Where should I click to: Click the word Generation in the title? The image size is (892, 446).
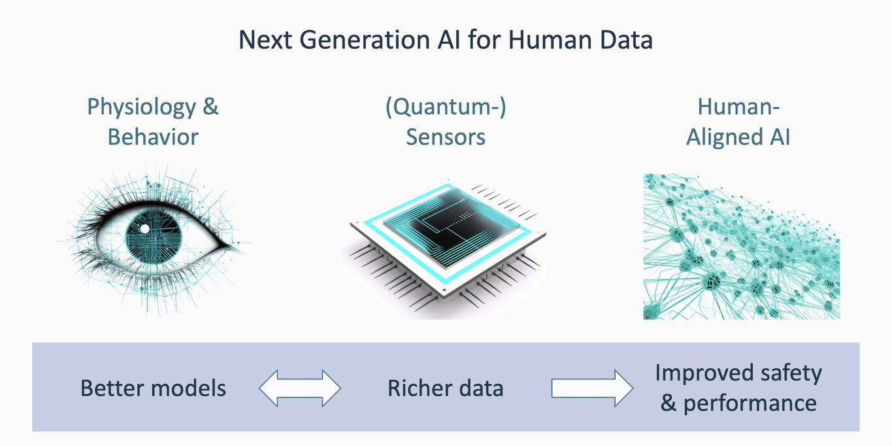pyautogui.click(x=365, y=40)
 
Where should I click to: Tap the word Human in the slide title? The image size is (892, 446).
pyautogui.click(x=550, y=40)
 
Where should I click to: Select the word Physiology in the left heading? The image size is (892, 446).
pyautogui.click(x=142, y=108)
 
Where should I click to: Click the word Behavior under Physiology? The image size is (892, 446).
pyautogui.click(x=153, y=137)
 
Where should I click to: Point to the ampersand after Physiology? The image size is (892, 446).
pyautogui.click(x=210, y=107)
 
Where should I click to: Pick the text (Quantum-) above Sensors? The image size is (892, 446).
pyautogui.click(x=446, y=108)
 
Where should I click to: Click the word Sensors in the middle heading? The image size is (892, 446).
pyautogui.click(x=446, y=137)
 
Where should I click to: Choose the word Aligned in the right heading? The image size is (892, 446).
pyautogui.click(x=724, y=137)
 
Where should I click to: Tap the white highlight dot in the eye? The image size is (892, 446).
pyautogui.click(x=145, y=229)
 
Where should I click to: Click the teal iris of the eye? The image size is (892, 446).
pyautogui.click(x=154, y=236)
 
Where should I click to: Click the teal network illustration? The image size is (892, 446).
pyautogui.click(x=742, y=247)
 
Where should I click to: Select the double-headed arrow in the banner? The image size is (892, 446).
pyautogui.click(x=300, y=388)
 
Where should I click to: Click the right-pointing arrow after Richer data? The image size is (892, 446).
pyautogui.click(x=592, y=388)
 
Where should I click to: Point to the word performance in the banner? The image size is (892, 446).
pyautogui.click(x=750, y=404)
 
